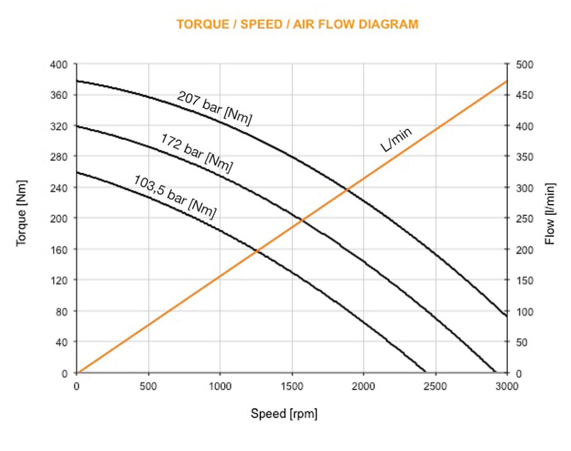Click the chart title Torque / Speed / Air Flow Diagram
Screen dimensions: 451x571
click(297, 25)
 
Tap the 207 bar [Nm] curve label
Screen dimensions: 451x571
click(215, 108)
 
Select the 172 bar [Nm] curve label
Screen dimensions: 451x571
click(196, 152)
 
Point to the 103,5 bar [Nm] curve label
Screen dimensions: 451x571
click(175, 196)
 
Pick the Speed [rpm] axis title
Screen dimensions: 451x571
click(284, 414)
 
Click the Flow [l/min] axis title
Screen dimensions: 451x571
click(550, 218)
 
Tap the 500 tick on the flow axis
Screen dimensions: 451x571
click(525, 65)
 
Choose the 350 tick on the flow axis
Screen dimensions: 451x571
click(525, 157)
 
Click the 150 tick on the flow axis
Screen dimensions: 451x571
click(525, 280)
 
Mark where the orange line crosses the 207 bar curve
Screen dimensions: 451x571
click(347, 190)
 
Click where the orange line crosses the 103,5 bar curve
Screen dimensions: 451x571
click(257, 251)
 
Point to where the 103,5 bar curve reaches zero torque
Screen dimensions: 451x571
click(425, 372)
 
